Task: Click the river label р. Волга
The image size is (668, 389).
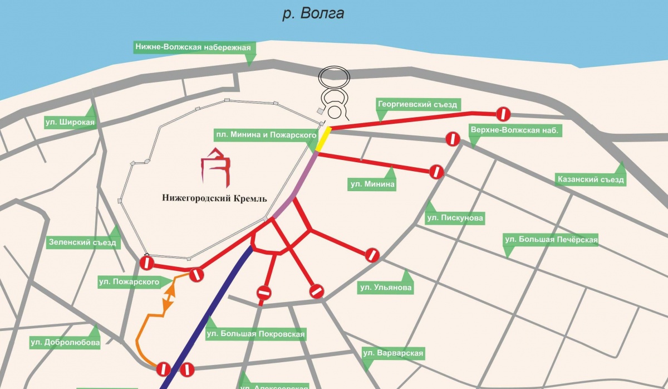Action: (x=313, y=13)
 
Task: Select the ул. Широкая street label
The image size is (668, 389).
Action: (x=70, y=123)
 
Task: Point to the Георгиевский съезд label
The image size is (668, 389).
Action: (x=417, y=104)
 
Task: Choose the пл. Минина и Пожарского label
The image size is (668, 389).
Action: (x=267, y=135)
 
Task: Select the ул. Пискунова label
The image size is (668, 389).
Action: (x=455, y=217)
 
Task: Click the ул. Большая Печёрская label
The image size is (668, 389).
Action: (x=551, y=240)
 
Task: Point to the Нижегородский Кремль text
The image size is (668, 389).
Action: (x=214, y=198)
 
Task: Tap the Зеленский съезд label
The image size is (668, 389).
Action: (x=83, y=243)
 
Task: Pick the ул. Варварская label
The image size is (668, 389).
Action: (x=393, y=353)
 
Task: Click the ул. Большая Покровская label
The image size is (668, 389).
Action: (x=256, y=334)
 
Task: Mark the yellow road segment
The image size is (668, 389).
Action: (x=324, y=139)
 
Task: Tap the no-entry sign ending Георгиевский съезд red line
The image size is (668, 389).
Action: (x=503, y=114)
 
